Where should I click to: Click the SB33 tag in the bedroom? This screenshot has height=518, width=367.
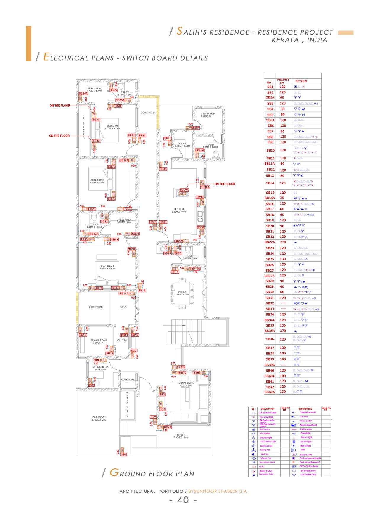coord(96,120)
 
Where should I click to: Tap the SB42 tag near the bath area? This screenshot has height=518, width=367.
coord(196,128)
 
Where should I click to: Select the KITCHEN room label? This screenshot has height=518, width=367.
coord(179,209)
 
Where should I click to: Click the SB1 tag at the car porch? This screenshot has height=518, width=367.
coord(123,455)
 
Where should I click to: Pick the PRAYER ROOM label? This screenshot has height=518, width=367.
coord(99,340)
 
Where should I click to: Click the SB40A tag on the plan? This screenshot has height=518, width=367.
coord(205,187)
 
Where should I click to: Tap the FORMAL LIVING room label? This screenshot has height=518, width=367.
coord(186,383)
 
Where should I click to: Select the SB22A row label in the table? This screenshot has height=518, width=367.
coord(270,242)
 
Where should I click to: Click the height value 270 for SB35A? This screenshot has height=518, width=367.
coord(283,331)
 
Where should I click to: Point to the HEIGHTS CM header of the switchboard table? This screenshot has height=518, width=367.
coord(283,81)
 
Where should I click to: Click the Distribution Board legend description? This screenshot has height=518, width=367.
coord(308,425)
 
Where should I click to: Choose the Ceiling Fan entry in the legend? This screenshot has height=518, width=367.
coord(265,450)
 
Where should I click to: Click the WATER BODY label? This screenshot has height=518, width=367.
coord(128,404)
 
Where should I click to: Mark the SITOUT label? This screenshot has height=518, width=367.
coord(181,435)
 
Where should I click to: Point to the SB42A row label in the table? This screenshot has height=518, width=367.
coord(270,392)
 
